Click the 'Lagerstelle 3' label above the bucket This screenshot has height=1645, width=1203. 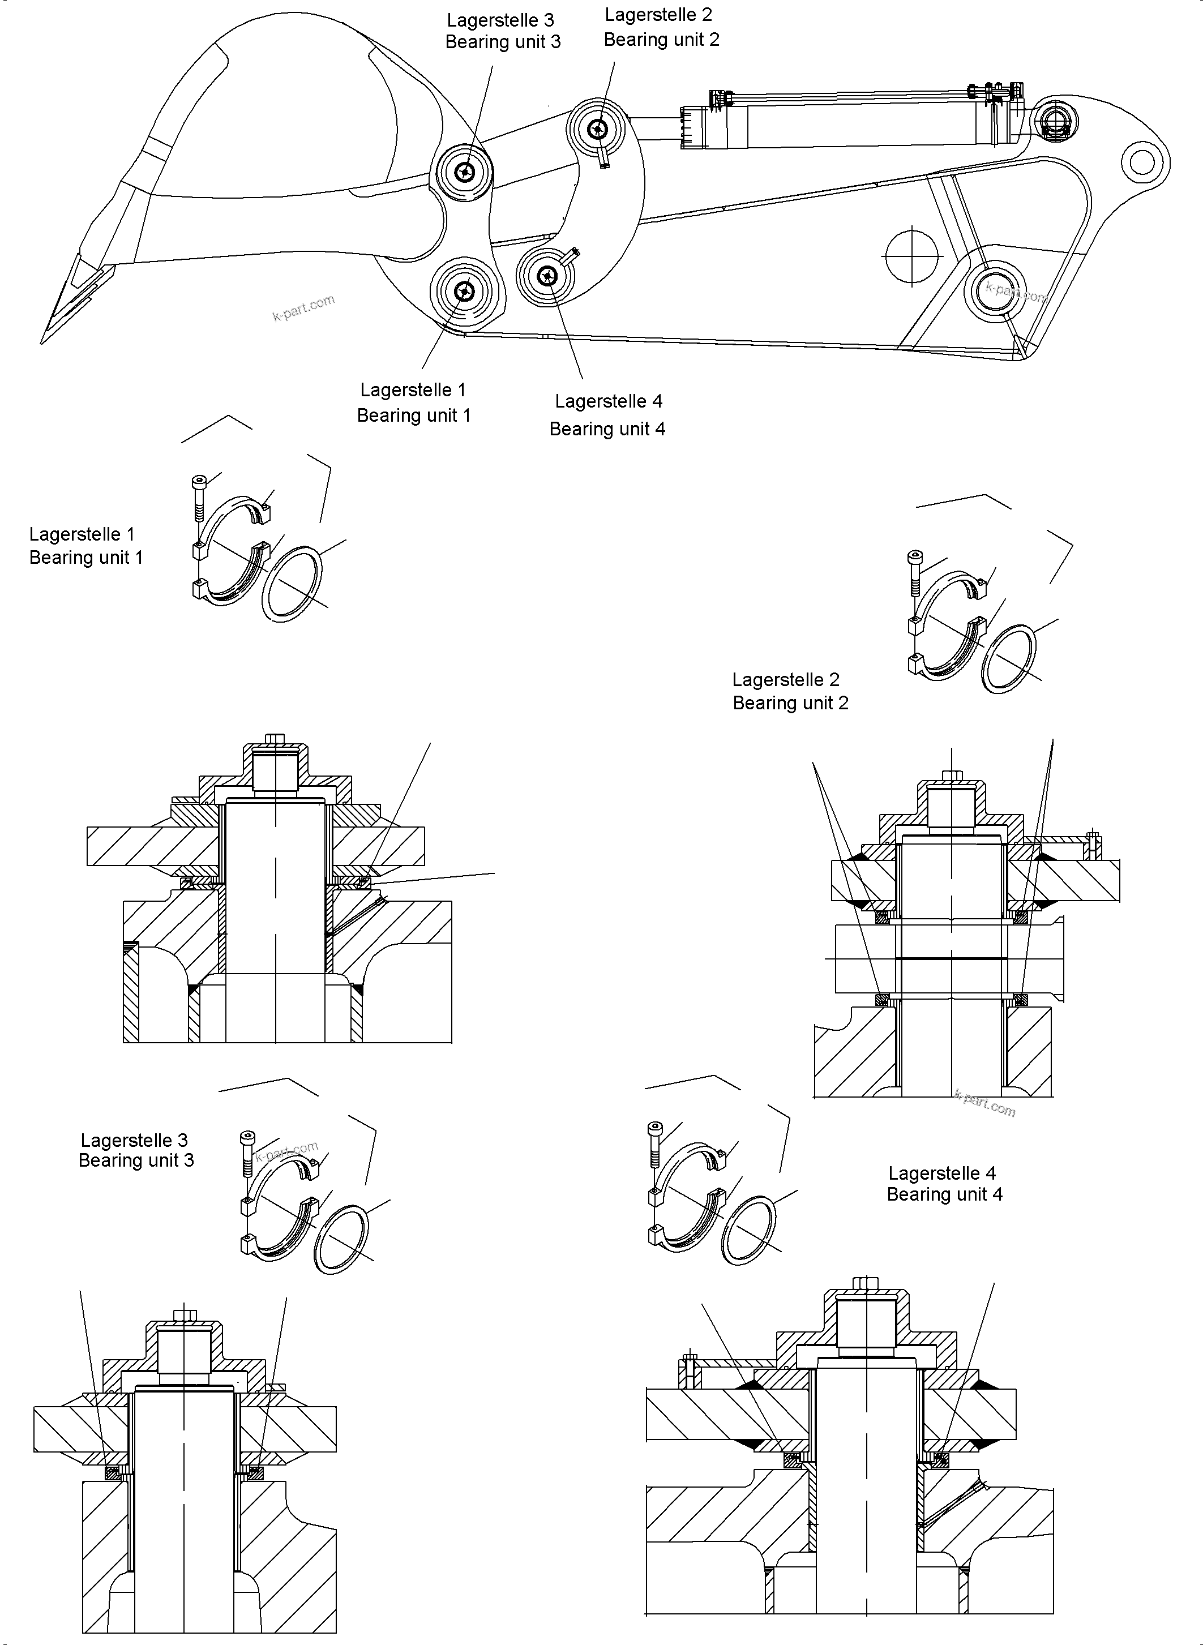click(x=500, y=20)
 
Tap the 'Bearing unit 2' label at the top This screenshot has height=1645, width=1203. click(x=661, y=40)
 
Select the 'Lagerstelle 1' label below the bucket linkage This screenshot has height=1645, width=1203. click(x=413, y=391)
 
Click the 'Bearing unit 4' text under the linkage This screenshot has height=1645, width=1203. click(x=607, y=429)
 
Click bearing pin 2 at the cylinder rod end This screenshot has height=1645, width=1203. click(x=598, y=130)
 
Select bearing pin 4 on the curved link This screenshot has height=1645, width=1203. click(x=546, y=275)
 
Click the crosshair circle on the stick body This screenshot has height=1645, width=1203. click(x=911, y=256)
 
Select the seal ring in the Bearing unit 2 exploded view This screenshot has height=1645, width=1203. click(x=1009, y=659)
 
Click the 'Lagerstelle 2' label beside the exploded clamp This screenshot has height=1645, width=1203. click(x=786, y=679)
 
